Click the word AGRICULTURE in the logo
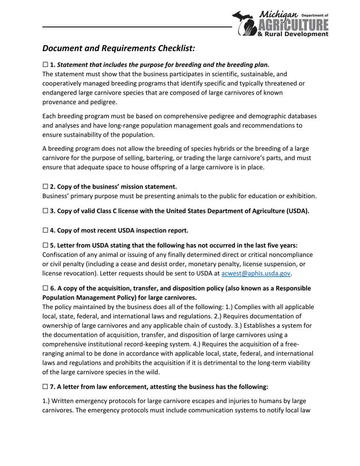(x=293, y=25)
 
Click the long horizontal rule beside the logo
(x=136, y=27)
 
